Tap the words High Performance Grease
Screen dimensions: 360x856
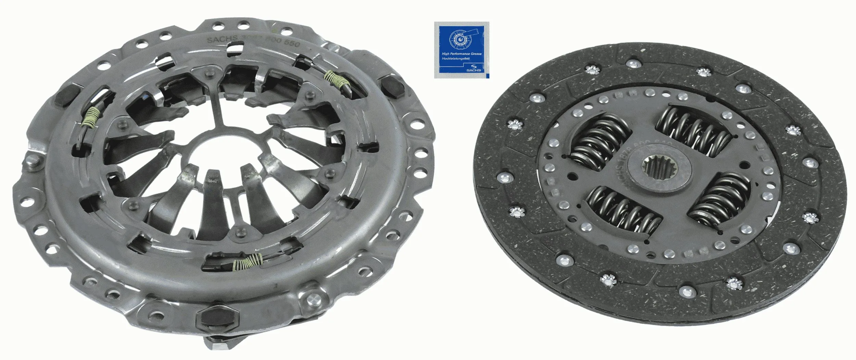point(462,54)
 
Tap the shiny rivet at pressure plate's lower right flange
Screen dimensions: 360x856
point(312,299)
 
